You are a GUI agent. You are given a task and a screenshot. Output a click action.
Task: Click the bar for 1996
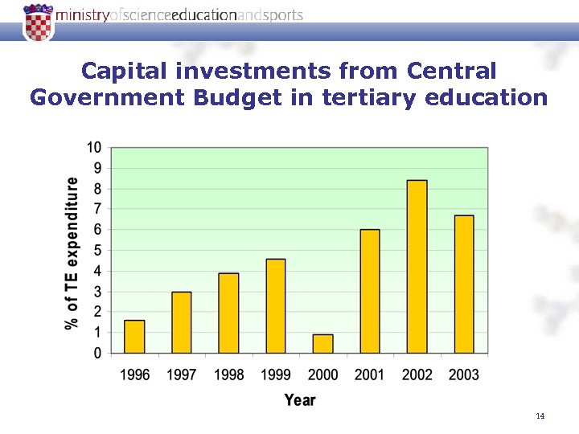pyautogui.click(x=134, y=337)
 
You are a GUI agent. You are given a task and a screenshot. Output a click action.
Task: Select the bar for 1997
pyautogui.click(x=182, y=322)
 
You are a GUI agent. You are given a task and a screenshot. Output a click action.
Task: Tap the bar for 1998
pyautogui.click(x=228, y=313)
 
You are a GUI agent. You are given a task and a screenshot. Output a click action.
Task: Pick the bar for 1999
pyautogui.click(x=275, y=306)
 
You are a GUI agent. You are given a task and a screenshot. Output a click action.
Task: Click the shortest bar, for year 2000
pyautogui.click(x=322, y=344)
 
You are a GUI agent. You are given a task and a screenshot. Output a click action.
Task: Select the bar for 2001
pyautogui.click(x=370, y=291)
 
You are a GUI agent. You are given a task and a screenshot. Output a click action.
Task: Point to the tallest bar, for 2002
pyautogui.click(x=417, y=267)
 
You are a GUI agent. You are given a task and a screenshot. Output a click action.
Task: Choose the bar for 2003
pyautogui.click(x=464, y=285)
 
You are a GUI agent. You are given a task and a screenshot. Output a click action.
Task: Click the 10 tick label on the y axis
pyautogui.click(x=94, y=147)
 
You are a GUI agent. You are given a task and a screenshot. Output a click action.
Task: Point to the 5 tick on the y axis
pyautogui.click(x=97, y=250)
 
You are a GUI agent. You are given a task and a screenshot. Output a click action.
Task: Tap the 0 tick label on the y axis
pyautogui.click(x=97, y=353)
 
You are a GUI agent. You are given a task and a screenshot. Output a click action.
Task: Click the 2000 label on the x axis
pyautogui.click(x=322, y=375)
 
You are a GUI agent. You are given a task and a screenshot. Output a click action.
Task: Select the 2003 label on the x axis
pyautogui.click(x=464, y=375)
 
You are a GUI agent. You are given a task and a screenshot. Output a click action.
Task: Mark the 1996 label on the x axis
pyautogui.click(x=134, y=375)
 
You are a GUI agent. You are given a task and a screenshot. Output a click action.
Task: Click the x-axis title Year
pyautogui.click(x=299, y=399)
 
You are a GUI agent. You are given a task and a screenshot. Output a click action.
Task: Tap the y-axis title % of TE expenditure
pyautogui.click(x=72, y=252)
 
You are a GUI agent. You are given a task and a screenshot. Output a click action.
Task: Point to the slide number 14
pyautogui.click(x=540, y=416)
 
